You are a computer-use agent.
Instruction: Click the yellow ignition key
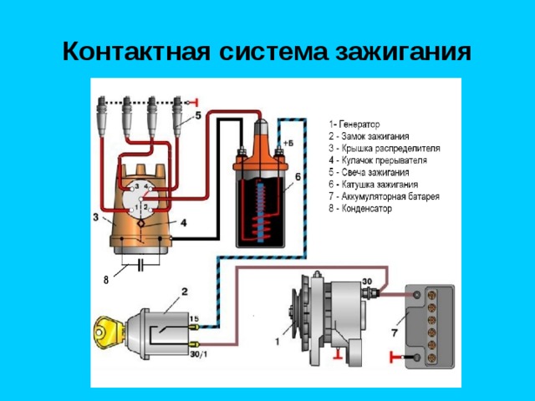110,332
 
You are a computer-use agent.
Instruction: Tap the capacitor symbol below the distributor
140,265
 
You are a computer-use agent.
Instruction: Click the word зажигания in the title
404,52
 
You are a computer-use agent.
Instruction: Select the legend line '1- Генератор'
354,124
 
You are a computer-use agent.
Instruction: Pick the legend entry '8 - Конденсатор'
360,208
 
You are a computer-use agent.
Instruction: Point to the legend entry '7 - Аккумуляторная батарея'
385,196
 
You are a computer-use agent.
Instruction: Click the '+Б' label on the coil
288,144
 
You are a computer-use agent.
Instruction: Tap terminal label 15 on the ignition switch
194,319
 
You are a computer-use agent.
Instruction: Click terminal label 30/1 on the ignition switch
199,354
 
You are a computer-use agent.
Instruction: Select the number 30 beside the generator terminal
367,282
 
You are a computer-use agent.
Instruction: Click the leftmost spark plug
102,117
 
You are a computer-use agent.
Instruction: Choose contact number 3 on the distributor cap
137,186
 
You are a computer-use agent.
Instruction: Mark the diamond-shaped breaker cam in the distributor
140,223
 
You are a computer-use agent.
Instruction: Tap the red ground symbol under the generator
339,354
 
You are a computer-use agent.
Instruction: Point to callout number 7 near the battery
395,332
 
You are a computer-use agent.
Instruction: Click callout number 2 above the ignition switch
184,292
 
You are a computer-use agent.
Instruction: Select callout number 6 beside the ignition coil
298,177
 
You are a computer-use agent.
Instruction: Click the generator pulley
294,312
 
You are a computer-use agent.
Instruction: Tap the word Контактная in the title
136,52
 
